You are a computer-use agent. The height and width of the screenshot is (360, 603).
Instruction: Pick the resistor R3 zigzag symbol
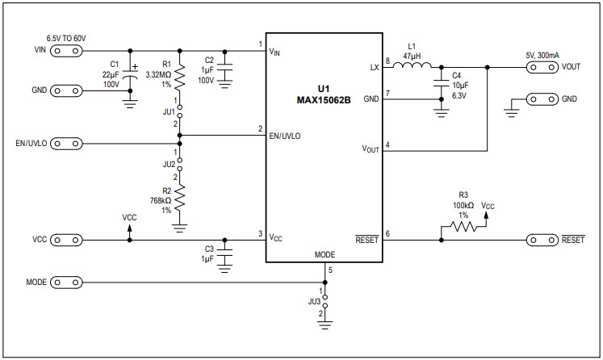click(x=463, y=228)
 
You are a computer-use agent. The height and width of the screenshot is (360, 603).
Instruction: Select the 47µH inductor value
click(x=412, y=57)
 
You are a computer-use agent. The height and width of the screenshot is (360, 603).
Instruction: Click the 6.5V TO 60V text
click(x=66, y=38)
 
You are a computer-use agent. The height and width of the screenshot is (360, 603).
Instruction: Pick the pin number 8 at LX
click(x=387, y=61)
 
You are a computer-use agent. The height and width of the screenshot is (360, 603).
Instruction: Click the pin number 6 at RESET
click(x=387, y=233)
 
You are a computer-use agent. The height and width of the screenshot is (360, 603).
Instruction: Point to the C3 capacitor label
click(x=209, y=249)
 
